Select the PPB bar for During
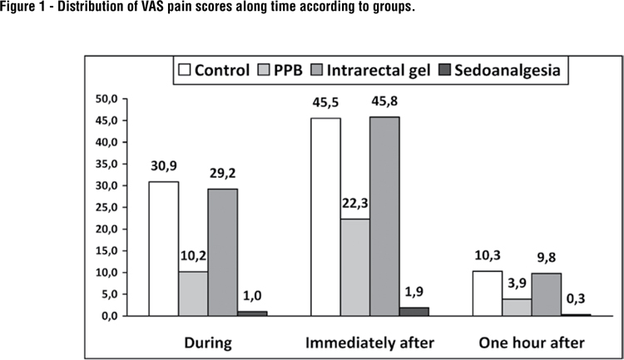193,293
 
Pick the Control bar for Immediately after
325,217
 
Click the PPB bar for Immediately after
355,267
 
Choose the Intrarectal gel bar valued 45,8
385,216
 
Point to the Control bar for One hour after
488,293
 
